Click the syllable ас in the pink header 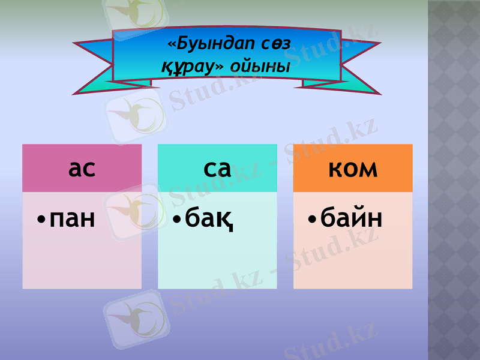pyautogui.click(x=82, y=169)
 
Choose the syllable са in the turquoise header pyautogui.click(x=217, y=169)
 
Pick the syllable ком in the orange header pyautogui.click(x=353, y=169)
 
